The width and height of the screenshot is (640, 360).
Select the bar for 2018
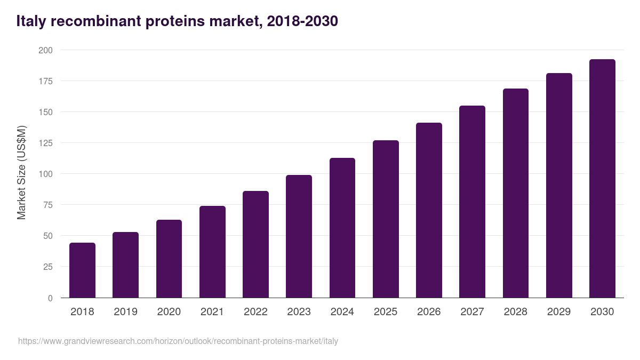click(82, 270)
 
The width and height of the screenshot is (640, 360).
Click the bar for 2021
click(212, 252)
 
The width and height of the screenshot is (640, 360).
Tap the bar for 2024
click(342, 228)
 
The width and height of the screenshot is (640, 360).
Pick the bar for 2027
click(472, 202)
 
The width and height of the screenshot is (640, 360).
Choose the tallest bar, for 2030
click(602, 179)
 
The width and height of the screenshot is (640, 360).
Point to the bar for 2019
click(125, 265)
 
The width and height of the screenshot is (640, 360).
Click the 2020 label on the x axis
click(169, 312)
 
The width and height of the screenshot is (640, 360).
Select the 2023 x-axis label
click(299, 312)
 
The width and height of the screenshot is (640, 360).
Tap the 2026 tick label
click(429, 312)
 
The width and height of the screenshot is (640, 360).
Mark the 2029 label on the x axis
click(559, 312)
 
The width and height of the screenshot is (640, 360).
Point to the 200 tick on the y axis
click(46, 50)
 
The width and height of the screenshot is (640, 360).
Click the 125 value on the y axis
click(46, 143)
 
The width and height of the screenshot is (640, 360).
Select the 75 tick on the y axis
click(48, 205)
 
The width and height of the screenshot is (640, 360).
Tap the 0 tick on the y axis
click(50, 298)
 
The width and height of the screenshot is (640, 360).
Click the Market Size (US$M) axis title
click(21, 173)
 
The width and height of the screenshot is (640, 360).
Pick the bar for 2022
click(255, 244)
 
